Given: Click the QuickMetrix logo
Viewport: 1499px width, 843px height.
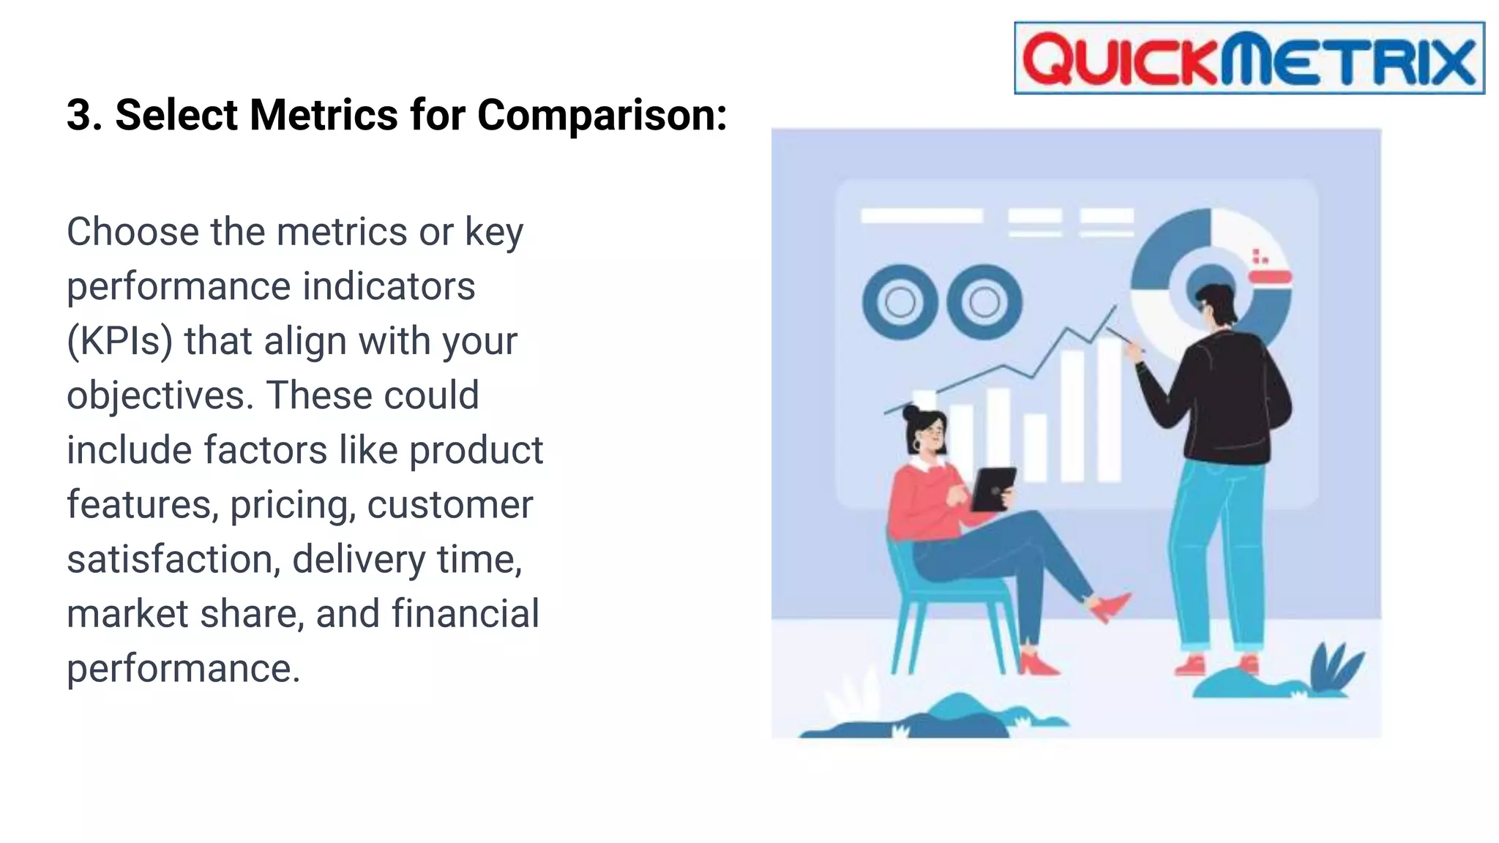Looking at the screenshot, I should tap(1249, 59).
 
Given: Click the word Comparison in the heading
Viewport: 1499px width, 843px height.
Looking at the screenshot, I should tap(602, 116).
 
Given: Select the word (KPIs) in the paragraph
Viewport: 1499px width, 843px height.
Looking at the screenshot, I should tap(119, 342).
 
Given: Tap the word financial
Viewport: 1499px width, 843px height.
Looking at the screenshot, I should tap(466, 614).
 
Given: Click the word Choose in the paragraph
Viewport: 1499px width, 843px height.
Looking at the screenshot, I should tap(132, 233).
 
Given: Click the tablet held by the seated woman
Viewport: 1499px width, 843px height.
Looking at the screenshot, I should tap(993, 489).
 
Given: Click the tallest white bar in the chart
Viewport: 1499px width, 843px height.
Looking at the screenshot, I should tap(1110, 410).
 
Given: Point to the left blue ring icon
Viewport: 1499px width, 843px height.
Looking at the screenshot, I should tap(900, 301).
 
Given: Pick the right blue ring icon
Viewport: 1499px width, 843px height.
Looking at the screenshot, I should tap(984, 301).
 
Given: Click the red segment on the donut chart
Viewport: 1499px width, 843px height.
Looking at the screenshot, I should tap(1270, 277).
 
